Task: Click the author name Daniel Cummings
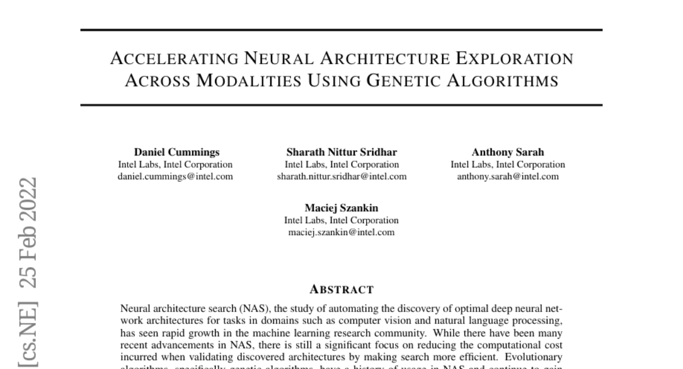[x=176, y=152]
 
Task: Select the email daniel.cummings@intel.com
[x=175, y=177]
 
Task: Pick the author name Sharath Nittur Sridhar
[x=341, y=152]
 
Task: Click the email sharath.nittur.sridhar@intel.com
[x=341, y=177]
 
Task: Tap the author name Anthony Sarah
[x=508, y=152]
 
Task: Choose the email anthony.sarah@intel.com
[x=508, y=177]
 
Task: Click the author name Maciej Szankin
[x=341, y=208]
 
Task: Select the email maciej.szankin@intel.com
[x=341, y=232]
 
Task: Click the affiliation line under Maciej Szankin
[x=341, y=220]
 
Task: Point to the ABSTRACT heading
[x=341, y=290]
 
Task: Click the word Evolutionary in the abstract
[x=538, y=357]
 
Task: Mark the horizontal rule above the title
[x=341, y=30]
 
